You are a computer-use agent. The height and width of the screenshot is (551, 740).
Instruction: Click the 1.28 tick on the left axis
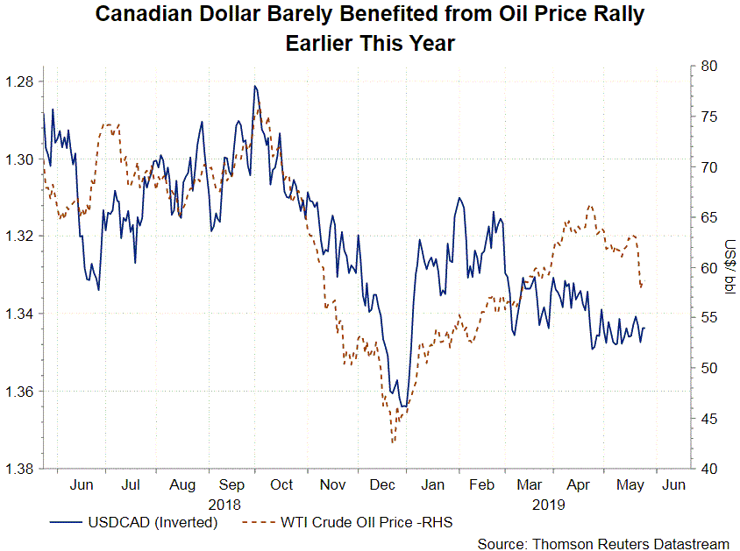18,82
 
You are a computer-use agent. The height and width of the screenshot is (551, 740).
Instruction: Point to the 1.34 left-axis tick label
18,314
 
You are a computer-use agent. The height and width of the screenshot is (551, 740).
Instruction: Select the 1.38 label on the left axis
18,469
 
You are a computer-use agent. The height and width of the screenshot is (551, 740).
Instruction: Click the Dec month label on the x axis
382,484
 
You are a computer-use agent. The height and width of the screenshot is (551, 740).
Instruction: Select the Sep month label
231,484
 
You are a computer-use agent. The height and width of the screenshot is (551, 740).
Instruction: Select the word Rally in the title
617,14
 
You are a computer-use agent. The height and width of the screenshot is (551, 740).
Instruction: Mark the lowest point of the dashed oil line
394,442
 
